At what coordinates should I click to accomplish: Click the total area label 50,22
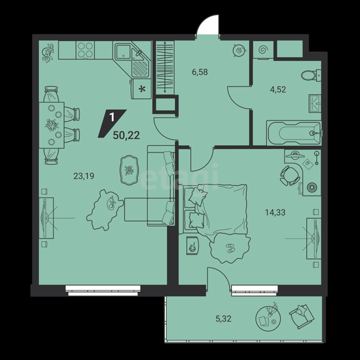click(x=126, y=136)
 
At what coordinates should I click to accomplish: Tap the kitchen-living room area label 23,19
click(x=84, y=176)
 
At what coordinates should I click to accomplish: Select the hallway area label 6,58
click(x=200, y=72)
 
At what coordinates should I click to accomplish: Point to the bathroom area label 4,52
click(x=278, y=89)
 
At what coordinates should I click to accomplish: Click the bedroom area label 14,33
click(x=275, y=213)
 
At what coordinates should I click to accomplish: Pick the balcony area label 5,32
click(x=223, y=319)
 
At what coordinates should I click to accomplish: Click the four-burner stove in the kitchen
click(x=85, y=50)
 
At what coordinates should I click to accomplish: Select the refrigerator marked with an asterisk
click(x=141, y=89)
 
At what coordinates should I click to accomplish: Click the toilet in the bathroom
click(x=311, y=75)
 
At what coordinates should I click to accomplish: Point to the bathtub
click(x=294, y=133)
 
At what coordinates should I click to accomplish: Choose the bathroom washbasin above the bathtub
click(x=315, y=103)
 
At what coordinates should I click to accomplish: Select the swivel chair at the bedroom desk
click(x=290, y=175)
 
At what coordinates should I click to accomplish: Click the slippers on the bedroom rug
click(x=231, y=247)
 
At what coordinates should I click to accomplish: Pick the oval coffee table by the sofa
click(x=129, y=170)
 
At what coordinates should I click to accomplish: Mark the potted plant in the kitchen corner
click(x=48, y=53)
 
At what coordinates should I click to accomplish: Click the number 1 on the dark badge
click(x=112, y=118)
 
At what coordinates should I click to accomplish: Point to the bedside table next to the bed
click(x=192, y=246)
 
